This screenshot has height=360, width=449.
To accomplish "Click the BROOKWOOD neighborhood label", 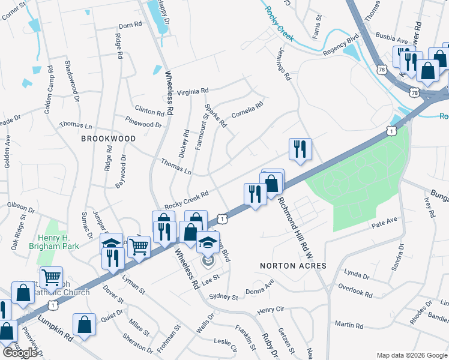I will point(108,138).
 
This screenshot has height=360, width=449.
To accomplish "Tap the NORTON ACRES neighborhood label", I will point(293,265).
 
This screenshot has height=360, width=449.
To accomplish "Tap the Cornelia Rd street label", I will point(247,109).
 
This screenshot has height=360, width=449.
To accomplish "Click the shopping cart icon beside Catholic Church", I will point(52,278).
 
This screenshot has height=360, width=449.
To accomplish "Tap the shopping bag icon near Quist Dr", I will point(85,324).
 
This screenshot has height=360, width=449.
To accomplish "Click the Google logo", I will point(20,353).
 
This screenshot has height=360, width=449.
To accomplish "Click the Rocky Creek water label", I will point(280,24).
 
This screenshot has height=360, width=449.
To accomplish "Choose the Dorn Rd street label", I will point(130,25).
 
